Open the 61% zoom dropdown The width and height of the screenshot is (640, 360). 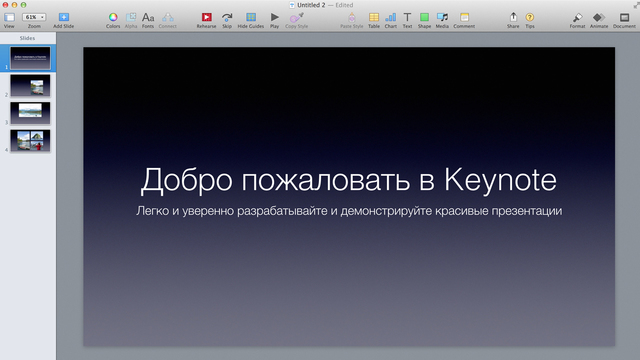click(35, 17)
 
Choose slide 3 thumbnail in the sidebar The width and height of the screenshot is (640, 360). click(30, 112)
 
